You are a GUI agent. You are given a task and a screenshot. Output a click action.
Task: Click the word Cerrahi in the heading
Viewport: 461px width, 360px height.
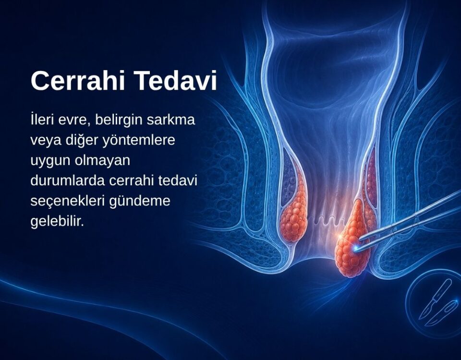78,81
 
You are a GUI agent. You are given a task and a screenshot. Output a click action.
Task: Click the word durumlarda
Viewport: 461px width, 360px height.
68,180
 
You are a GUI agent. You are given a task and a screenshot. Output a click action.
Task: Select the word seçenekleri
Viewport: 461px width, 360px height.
68,202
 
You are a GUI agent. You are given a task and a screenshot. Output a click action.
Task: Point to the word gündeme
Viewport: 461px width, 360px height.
140,202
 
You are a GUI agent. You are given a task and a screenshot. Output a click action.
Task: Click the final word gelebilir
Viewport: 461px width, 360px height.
57,221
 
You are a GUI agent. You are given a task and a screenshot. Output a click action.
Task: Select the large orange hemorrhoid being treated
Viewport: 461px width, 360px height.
352,241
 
